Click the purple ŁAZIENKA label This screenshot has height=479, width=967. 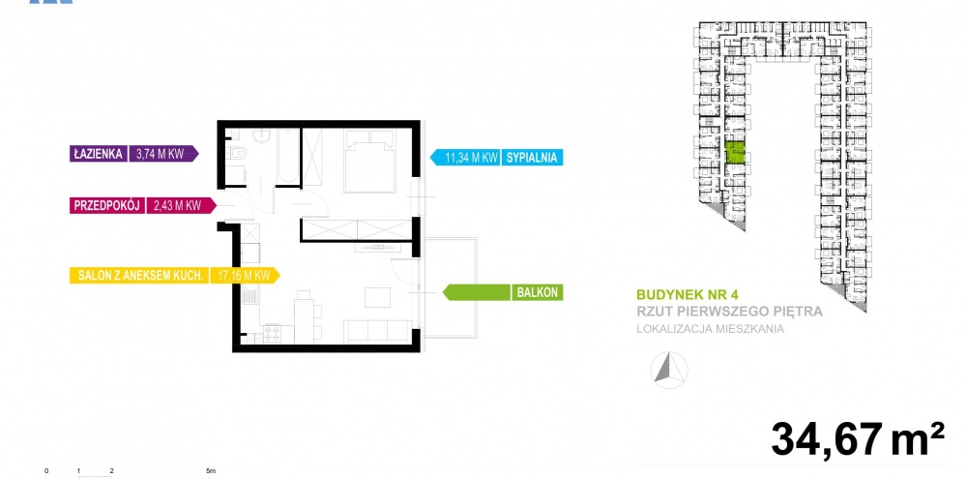tap(98, 154)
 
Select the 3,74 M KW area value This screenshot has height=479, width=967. tap(160, 154)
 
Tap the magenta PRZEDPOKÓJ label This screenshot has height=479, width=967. tap(107, 205)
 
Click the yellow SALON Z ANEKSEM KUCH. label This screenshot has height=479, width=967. tap(139, 275)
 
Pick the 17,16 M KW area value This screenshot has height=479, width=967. tap(241, 275)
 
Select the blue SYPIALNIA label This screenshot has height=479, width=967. tap(532, 158)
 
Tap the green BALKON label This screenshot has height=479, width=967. tap(537, 292)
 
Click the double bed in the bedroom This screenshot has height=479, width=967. tap(369, 161)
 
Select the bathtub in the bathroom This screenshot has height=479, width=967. tap(288, 156)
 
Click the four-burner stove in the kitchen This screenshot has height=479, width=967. tap(272, 334)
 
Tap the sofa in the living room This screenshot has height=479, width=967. tap(377, 332)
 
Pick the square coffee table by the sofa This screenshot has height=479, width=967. tap(377, 297)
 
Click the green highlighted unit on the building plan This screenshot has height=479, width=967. tap(734, 153)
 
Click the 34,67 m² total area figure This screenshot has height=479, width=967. tap(857, 439)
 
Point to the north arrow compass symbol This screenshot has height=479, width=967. tap(669, 370)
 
